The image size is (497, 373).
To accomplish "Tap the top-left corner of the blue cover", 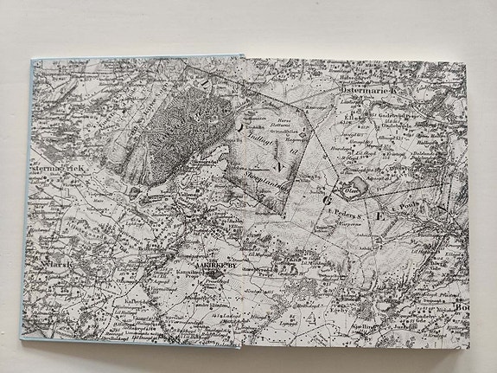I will pyautogui.click(x=32, y=60).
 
